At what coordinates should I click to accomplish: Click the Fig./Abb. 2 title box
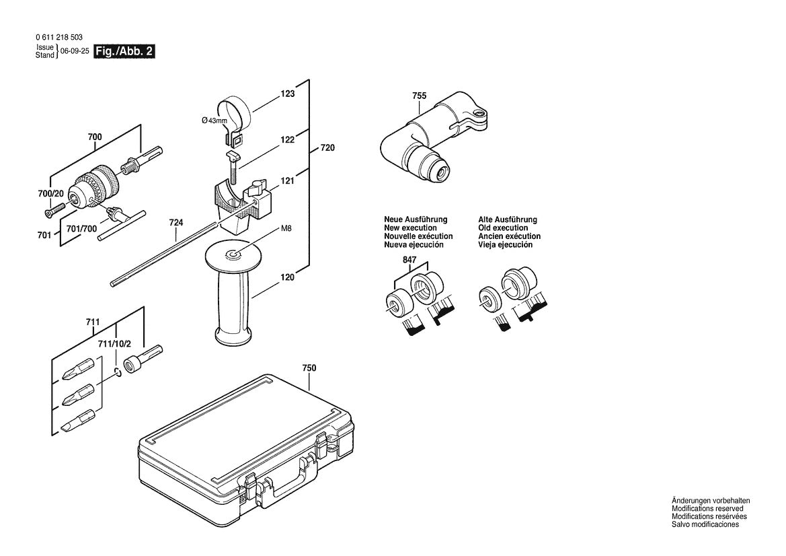coord(125,51)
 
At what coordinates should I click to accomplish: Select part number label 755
coord(419,96)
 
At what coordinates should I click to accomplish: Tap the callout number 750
coord(309,368)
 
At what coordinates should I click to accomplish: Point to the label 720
coord(327,147)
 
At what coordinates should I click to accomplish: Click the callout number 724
coord(176,222)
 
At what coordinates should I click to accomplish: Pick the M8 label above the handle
coord(286,228)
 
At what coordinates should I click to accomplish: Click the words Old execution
coord(502,228)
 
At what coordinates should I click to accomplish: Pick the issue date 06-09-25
coord(75,51)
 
